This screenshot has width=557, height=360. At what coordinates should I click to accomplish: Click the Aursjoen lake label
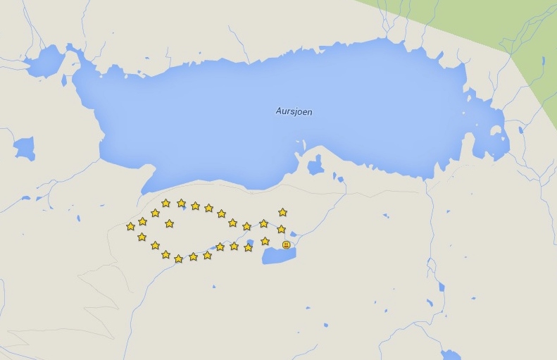tap(294, 111)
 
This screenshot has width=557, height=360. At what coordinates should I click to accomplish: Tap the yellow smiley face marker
tap(286, 244)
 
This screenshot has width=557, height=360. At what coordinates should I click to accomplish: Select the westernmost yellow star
tap(130, 226)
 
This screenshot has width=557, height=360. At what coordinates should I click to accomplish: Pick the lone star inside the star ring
tap(169, 223)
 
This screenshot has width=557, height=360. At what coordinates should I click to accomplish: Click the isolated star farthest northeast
tap(282, 211)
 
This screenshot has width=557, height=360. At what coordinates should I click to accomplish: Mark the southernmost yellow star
tap(178, 259)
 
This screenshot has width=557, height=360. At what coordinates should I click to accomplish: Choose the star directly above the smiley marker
tap(281, 229)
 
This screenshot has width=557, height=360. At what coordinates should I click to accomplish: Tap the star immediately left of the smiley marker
tap(265, 241)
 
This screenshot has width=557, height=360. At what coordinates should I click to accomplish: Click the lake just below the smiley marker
tap(279, 255)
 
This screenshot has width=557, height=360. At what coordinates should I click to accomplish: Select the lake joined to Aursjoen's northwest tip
tap(46, 62)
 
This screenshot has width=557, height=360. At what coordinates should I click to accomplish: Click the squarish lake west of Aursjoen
tap(24, 148)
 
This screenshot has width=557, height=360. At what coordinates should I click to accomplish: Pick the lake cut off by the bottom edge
tap(450, 354)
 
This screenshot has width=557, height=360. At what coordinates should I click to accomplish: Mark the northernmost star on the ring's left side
tap(165, 202)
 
